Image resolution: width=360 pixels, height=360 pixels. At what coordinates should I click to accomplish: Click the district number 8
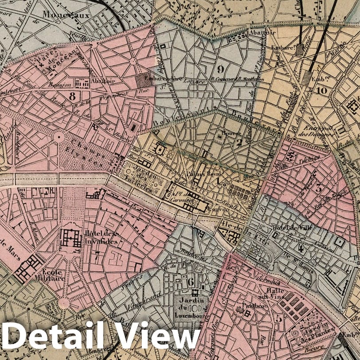coord(72,94)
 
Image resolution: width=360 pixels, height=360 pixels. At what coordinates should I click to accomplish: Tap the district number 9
coord(220,69)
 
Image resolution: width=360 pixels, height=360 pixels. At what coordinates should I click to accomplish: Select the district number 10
coord(322,91)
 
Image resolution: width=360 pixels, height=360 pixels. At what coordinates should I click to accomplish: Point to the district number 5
coord(278,317)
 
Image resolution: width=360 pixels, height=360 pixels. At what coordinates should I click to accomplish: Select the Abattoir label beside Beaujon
coord(102,81)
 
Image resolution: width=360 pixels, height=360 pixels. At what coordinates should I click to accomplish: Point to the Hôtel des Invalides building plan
coord(70,239)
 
